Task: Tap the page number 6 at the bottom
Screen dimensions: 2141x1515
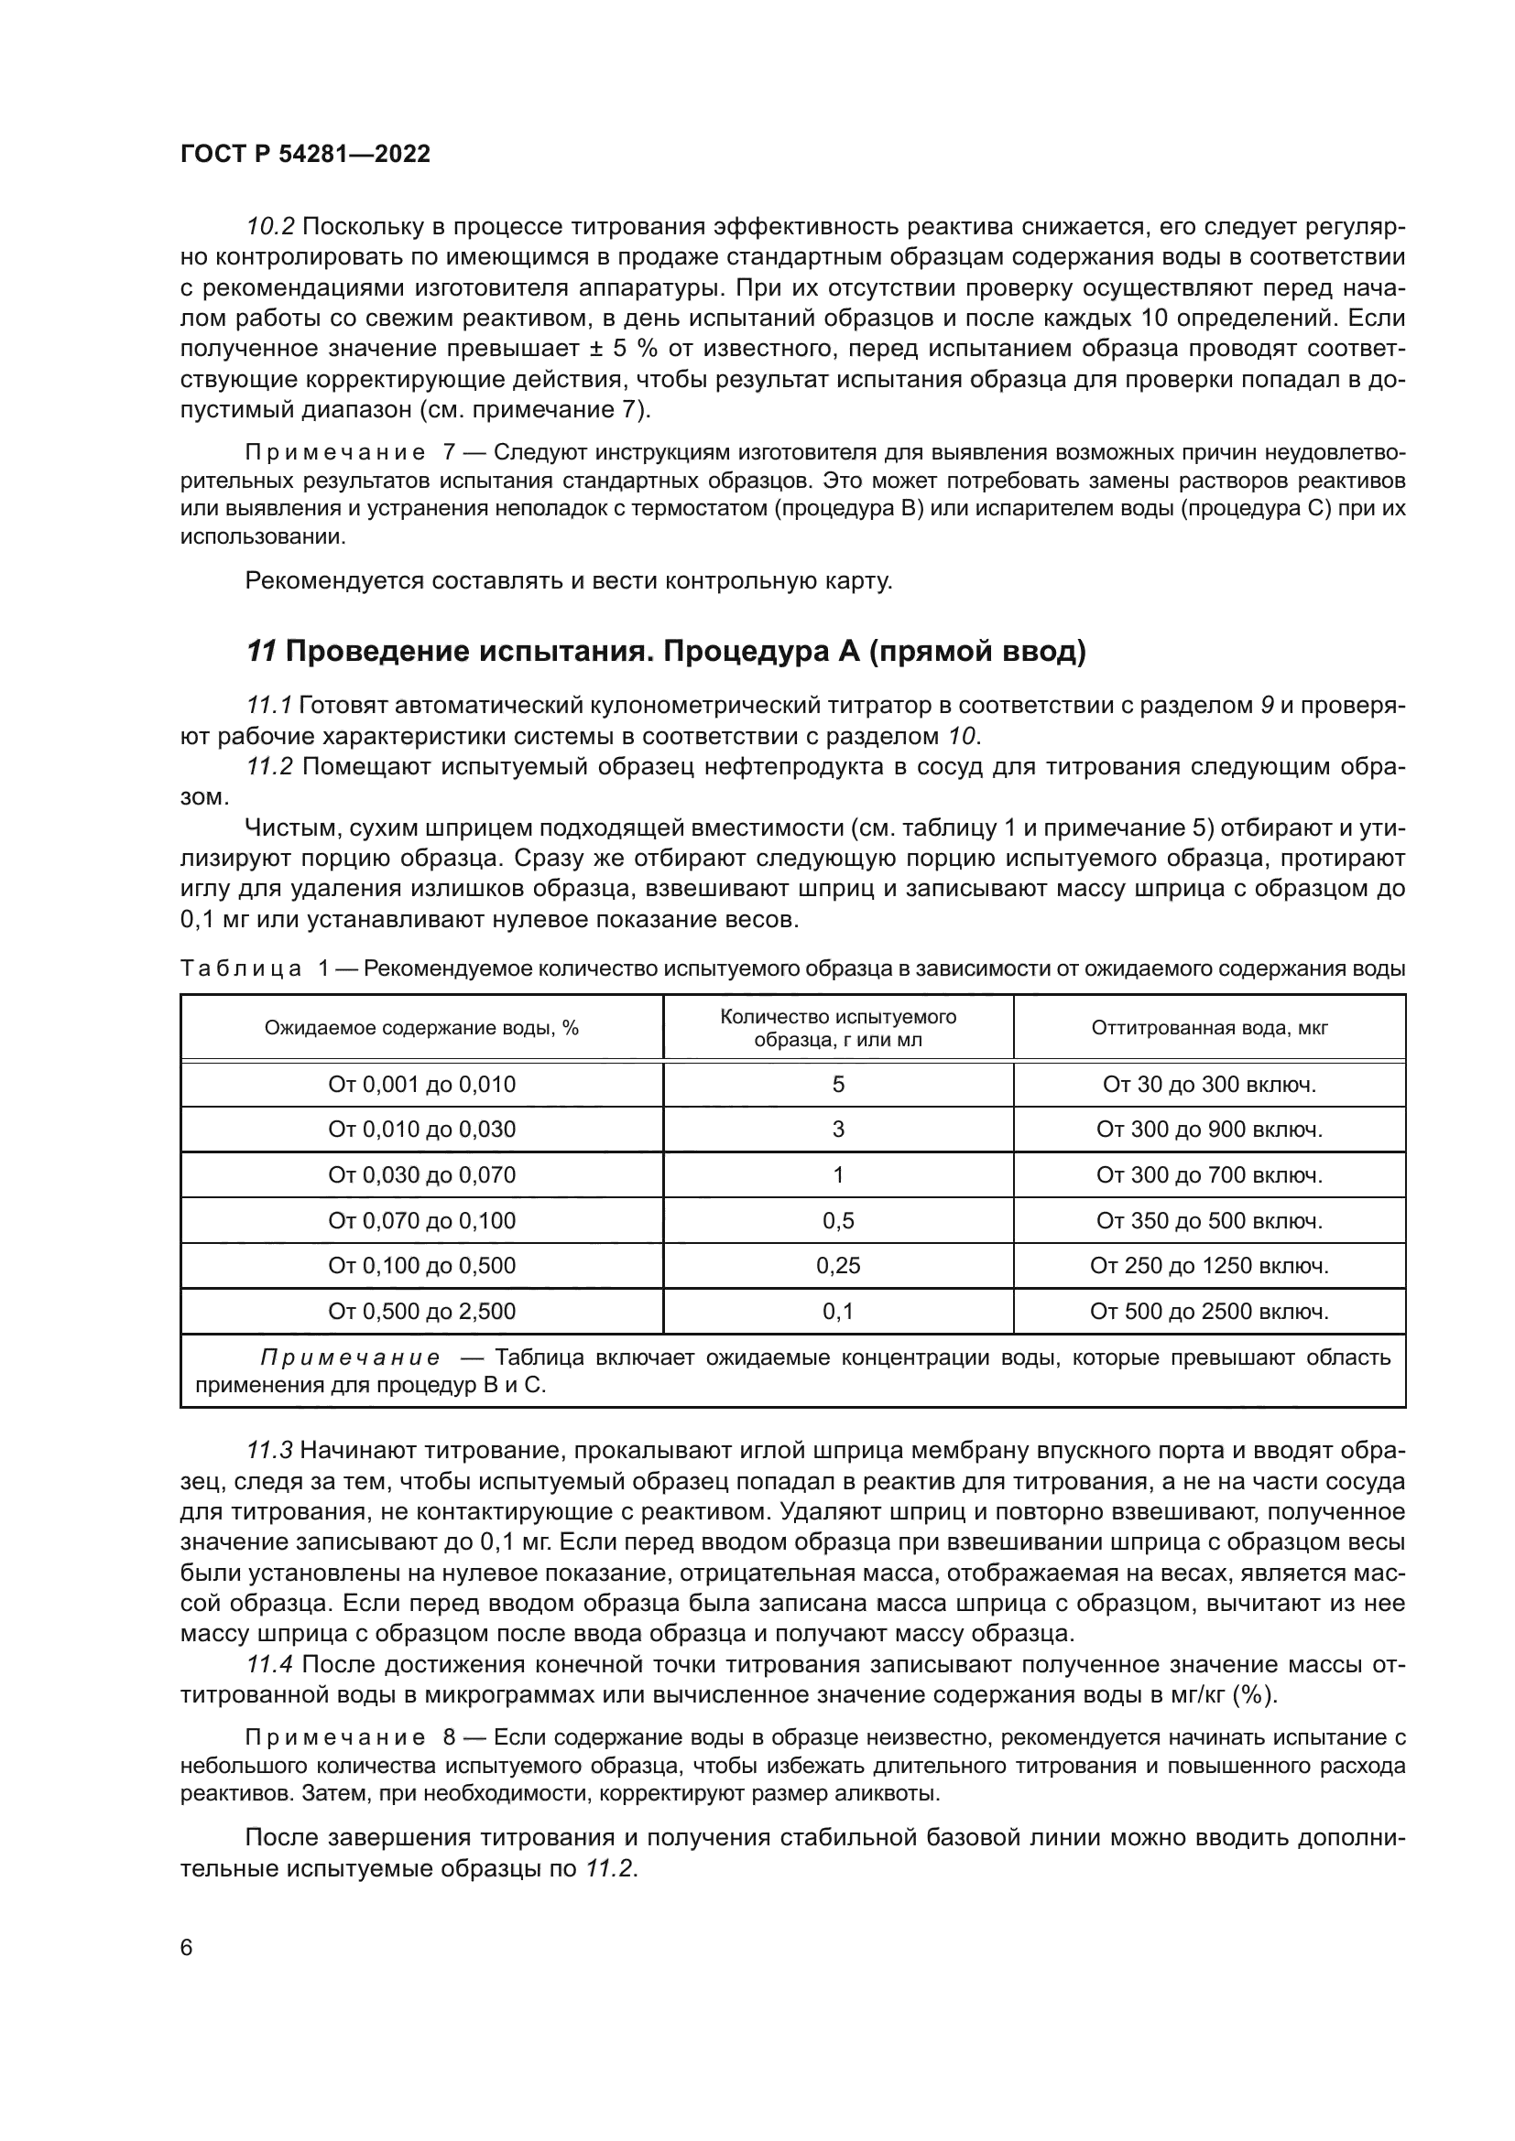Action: tap(187, 1948)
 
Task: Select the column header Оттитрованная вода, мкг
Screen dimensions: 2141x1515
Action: tap(1209, 1028)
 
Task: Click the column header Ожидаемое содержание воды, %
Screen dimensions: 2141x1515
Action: tap(421, 1028)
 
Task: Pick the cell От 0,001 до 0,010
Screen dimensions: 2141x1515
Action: tap(421, 1085)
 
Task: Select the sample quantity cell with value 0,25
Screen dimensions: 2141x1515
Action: tap(838, 1265)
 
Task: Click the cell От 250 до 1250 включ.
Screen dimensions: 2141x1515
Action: tap(1209, 1265)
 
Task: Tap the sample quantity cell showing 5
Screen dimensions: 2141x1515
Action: tap(838, 1085)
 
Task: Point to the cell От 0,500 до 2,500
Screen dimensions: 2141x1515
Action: tap(421, 1311)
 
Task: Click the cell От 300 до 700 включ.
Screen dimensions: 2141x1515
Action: tap(1209, 1175)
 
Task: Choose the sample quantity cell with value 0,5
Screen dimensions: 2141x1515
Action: tap(838, 1221)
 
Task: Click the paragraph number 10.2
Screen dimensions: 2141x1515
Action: tap(269, 227)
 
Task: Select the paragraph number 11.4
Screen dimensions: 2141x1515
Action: tap(269, 1664)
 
